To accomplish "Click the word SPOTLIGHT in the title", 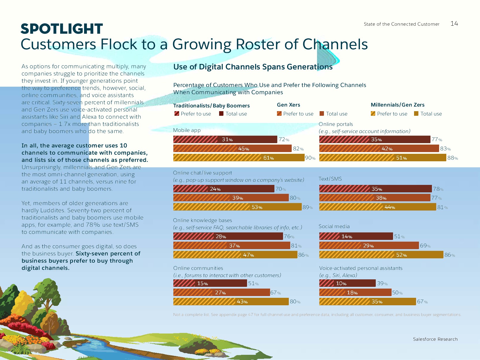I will point(62,29).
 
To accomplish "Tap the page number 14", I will point(454,24).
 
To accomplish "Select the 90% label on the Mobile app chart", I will point(310,158).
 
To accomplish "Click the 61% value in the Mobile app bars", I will point(268,158).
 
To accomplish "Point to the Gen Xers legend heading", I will point(288,105).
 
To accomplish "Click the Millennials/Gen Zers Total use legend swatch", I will point(416,113).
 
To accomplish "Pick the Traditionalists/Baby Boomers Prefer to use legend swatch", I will point(177,113).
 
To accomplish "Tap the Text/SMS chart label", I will point(330,179).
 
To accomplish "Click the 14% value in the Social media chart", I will point(347,236).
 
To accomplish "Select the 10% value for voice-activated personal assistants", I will point(341,283).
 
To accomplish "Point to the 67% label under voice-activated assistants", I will point(422,302).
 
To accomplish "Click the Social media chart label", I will point(334,226).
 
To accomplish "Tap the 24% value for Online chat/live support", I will point(215,189).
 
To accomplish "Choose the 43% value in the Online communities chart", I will point(242,302).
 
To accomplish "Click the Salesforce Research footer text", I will point(435,339).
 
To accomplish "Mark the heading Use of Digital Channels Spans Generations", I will point(253,67).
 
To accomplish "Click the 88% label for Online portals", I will point(452,158).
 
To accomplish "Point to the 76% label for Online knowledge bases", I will point(289,236).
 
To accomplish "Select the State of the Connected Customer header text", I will point(401,24).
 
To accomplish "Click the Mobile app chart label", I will point(187,130).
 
